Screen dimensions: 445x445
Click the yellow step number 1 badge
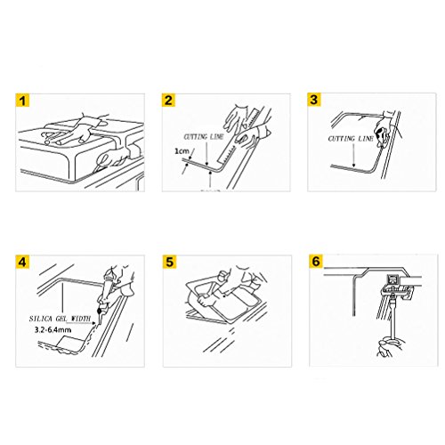pyautogui.click(x=22, y=101)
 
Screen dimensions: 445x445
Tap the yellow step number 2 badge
pyautogui.click(x=168, y=100)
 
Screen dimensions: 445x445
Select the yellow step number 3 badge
pyautogui.click(x=314, y=100)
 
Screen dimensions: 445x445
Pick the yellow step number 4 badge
pyautogui.click(x=22, y=262)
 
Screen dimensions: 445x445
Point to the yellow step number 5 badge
pyautogui.click(x=170, y=262)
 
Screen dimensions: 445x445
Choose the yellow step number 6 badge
pyautogui.click(x=316, y=261)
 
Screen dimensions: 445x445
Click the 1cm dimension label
pyautogui.click(x=182, y=151)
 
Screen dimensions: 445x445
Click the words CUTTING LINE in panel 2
pyautogui.click(x=204, y=137)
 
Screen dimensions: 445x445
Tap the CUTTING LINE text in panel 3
pyautogui.click(x=351, y=139)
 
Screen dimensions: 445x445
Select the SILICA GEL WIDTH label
pyautogui.click(x=60, y=319)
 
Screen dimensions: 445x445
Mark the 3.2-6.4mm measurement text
pyautogui.click(x=53, y=329)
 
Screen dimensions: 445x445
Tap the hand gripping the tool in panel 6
pyautogui.click(x=390, y=346)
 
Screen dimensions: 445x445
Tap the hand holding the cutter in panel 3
pyautogui.click(x=384, y=128)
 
